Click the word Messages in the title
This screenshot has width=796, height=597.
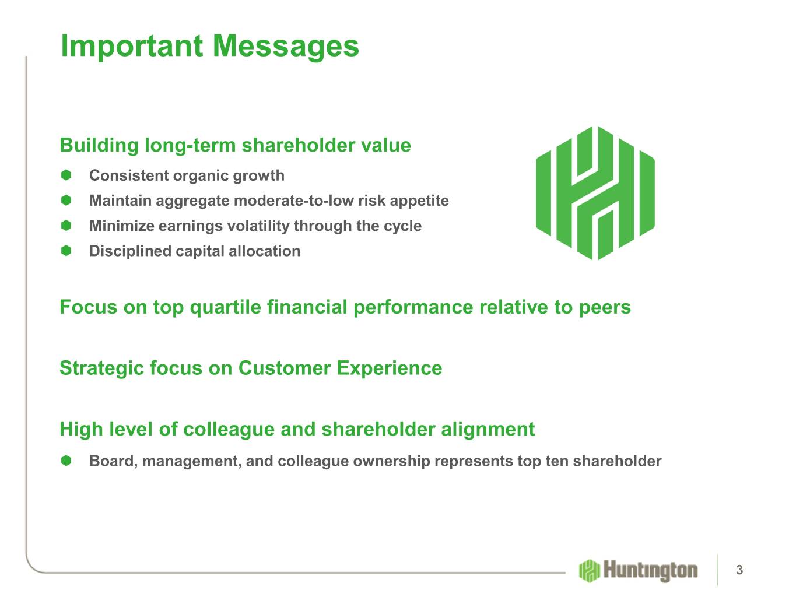pyautogui.click(x=286, y=47)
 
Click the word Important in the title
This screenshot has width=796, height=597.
pyautogui.click(x=132, y=45)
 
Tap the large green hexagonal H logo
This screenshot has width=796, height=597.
pyautogui.click(x=595, y=193)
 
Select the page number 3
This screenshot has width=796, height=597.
pyautogui.click(x=739, y=570)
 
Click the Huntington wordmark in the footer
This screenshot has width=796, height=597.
pyautogui.click(x=650, y=571)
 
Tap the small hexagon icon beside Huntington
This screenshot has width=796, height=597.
pyautogui.click(x=590, y=571)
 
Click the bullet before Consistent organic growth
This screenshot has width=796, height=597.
pyautogui.click(x=66, y=175)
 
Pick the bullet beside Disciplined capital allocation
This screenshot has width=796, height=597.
pyautogui.click(x=66, y=251)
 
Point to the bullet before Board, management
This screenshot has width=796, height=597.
pyautogui.click(x=66, y=461)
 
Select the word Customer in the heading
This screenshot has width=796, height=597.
pyautogui.click(x=285, y=368)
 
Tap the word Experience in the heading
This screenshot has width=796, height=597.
pyautogui.click(x=390, y=369)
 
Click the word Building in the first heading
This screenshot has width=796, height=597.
pyautogui.click(x=99, y=146)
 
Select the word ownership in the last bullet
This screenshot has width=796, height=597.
pyautogui.click(x=391, y=462)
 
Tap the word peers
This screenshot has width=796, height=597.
pyautogui.click(x=605, y=308)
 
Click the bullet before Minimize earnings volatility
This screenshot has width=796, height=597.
pyautogui.click(x=66, y=226)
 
